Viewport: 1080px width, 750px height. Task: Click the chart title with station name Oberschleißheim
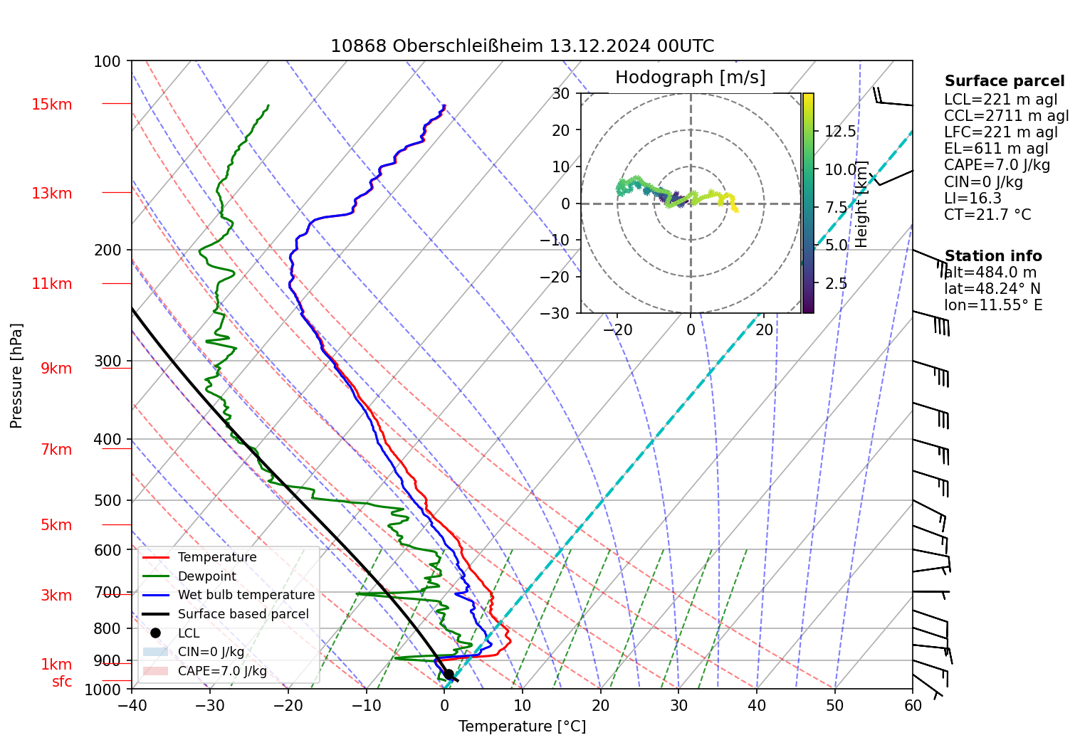coord(522,46)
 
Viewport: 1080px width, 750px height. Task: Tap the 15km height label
coord(51,105)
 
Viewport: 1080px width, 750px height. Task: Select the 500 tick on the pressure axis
coord(108,500)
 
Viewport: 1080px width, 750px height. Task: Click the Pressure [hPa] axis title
coord(16,376)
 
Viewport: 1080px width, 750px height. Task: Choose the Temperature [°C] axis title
coord(522,726)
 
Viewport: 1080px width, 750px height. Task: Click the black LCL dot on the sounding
coord(449,674)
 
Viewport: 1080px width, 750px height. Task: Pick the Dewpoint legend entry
coord(206,576)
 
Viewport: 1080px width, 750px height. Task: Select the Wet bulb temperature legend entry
coord(246,595)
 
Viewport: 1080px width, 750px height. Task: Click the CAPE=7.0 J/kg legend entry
coord(222,671)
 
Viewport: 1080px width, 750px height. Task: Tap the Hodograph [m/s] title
coord(690,77)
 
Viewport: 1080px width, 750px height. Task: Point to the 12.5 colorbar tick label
coord(840,132)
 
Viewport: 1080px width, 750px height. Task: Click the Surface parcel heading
coord(1004,81)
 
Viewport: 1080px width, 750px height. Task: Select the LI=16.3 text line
coord(972,199)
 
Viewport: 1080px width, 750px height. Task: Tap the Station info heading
coord(992,256)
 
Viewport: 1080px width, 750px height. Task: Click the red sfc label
coord(62,682)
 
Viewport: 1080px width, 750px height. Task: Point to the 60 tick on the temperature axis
coord(913,705)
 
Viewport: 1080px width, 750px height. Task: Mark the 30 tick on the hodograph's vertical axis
coord(561,93)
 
